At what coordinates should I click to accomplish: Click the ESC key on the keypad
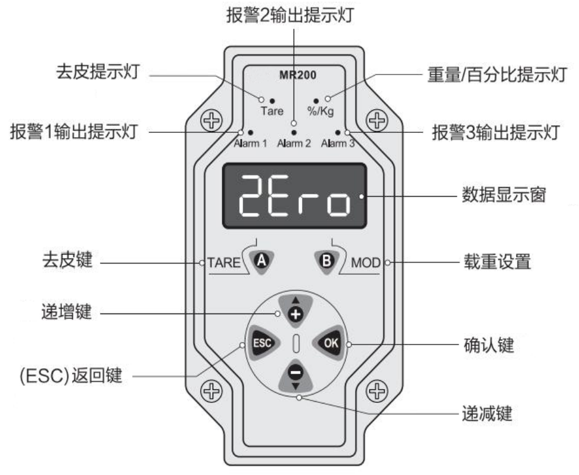(x=263, y=343)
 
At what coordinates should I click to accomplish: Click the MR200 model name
(x=298, y=75)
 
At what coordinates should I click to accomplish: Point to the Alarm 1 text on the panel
(x=250, y=143)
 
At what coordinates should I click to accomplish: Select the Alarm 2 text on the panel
(x=294, y=143)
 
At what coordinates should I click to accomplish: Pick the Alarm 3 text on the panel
(x=338, y=143)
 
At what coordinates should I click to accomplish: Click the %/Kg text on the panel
(x=320, y=111)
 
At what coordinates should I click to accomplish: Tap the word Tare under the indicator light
(x=272, y=111)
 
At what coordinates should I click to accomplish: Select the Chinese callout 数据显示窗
(x=504, y=195)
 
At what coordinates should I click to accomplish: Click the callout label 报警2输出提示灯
(x=290, y=15)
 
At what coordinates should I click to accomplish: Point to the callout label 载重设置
(x=497, y=262)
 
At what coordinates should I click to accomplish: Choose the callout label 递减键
(x=487, y=414)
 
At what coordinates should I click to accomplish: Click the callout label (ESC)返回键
(x=71, y=375)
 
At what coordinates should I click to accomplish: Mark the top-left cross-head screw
(x=211, y=120)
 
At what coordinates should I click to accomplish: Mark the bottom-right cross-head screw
(x=376, y=391)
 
